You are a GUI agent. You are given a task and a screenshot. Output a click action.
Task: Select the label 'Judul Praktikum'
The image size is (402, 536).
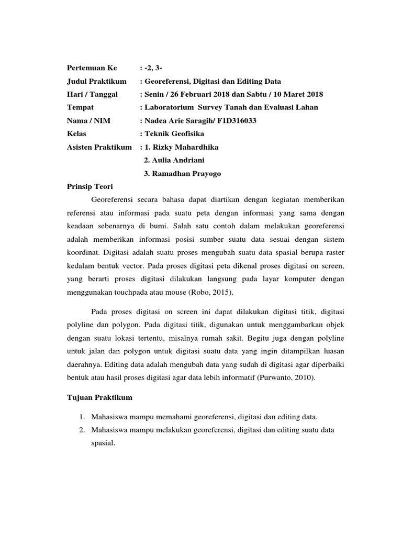click(x=97, y=81)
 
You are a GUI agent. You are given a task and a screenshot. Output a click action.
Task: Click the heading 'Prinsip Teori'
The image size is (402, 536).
click(x=90, y=186)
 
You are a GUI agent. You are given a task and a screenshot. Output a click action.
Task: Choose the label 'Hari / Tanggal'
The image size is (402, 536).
click(x=93, y=94)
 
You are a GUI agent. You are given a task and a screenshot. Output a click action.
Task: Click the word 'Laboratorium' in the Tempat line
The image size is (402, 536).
click(x=169, y=107)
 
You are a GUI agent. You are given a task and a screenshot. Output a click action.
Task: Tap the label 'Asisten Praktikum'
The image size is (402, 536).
click(x=99, y=147)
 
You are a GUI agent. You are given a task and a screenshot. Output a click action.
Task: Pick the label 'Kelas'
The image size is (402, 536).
click(x=76, y=134)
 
